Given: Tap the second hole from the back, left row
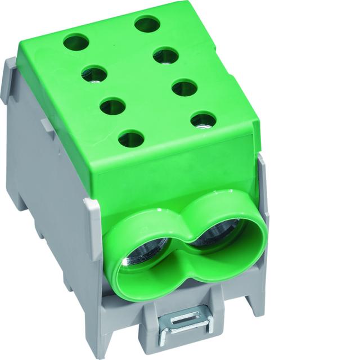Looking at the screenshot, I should tap(94, 74).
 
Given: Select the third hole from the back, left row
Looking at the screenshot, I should tap(112, 105).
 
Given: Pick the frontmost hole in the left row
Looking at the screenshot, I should tap(131, 137).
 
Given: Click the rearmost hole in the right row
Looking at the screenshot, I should tap(147, 24).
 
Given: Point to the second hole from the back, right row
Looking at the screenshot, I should tap(165, 55).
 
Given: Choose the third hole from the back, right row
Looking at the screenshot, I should tap(184, 87).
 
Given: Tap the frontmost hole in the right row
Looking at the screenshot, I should tap(203, 119).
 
